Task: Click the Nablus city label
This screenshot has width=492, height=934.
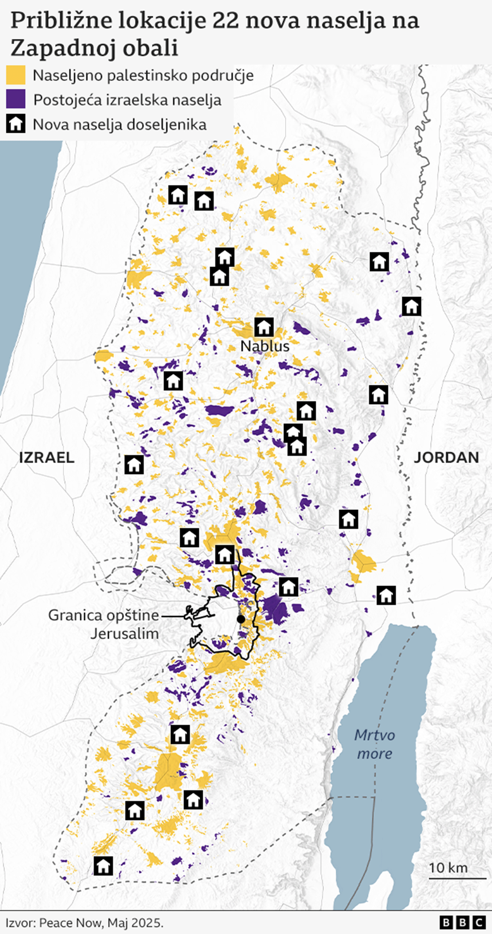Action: (x=264, y=346)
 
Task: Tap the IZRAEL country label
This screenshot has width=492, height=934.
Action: (x=47, y=458)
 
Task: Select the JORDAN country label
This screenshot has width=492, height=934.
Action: (x=446, y=458)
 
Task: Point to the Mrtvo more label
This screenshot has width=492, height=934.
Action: (x=374, y=744)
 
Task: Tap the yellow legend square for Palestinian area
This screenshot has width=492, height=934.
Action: (x=16, y=75)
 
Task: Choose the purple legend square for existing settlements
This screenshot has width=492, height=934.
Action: (x=16, y=99)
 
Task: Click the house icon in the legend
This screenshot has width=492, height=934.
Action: (x=16, y=124)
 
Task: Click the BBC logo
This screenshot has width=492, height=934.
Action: (x=462, y=922)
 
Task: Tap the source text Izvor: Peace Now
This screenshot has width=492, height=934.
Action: (x=84, y=923)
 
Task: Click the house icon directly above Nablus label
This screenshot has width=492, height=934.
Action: (x=264, y=327)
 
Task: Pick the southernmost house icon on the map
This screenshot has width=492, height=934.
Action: (x=103, y=866)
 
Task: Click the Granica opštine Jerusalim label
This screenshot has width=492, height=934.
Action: (x=104, y=624)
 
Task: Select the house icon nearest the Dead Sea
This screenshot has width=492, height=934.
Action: (x=386, y=595)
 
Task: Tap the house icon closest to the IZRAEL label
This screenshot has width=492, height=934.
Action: (x=134, y=464)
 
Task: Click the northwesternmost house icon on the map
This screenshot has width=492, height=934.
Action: (x=178, y=195)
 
